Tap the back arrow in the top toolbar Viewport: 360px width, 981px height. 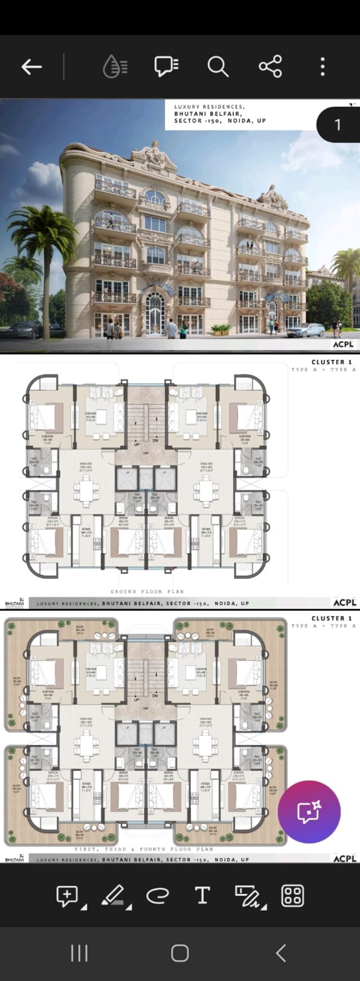coord(32,67)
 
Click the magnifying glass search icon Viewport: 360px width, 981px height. coord(217,67)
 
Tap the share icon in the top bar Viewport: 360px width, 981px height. coord(270,67)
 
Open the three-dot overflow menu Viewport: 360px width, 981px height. coord(323,67)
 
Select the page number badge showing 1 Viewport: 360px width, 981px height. coord(338,125)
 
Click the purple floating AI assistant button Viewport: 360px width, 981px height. coord(309,811)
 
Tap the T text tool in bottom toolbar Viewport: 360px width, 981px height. coord(202,895)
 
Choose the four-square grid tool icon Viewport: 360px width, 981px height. coord(292,895)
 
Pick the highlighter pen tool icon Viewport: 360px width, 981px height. coord(114,895)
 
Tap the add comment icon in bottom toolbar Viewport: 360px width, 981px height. coord(67,895)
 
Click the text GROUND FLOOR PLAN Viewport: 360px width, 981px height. coord(147,591)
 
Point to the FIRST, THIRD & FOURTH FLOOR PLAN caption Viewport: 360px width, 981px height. coord(144,849)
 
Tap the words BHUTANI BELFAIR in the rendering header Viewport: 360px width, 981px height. coord(208,114)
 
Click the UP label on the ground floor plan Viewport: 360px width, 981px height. coord(137,444)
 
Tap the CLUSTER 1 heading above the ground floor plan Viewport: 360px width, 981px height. coord(331,362)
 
